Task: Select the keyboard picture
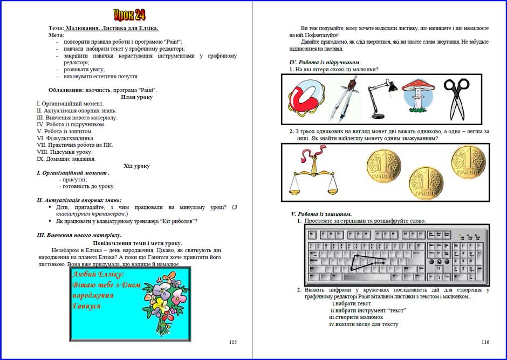396,255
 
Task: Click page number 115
232,342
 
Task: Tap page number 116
485,342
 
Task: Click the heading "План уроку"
136,97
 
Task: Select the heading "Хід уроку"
136,166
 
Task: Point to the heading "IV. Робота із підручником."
325,63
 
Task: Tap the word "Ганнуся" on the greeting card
87,306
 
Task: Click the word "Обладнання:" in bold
65,90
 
